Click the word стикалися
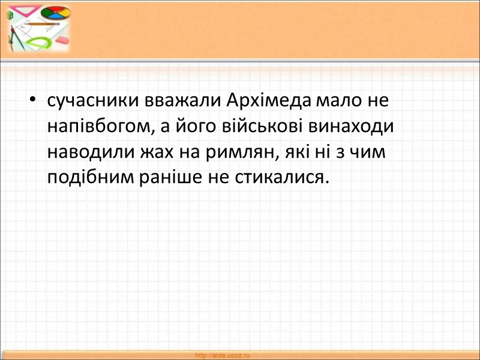pos(284,178)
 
